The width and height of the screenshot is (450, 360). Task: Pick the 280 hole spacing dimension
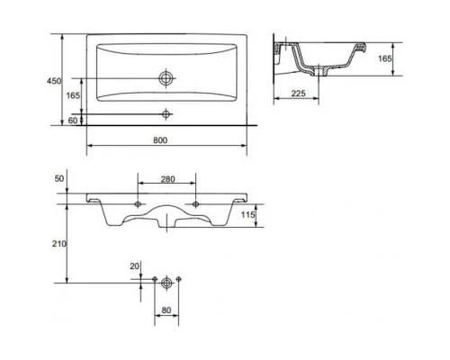(166, 180)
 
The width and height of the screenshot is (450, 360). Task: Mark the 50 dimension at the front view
(58, 179)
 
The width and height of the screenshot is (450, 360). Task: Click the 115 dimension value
(249, 216)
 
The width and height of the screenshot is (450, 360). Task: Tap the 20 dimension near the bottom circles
(135, 265)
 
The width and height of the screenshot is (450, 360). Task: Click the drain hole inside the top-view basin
(166, 78)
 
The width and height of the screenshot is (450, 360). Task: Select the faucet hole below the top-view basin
(166, 113)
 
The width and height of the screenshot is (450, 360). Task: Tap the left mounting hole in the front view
(138, 206)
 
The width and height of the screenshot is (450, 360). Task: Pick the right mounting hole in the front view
(195, 206)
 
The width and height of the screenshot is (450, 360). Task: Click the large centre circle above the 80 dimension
(166, 282)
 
